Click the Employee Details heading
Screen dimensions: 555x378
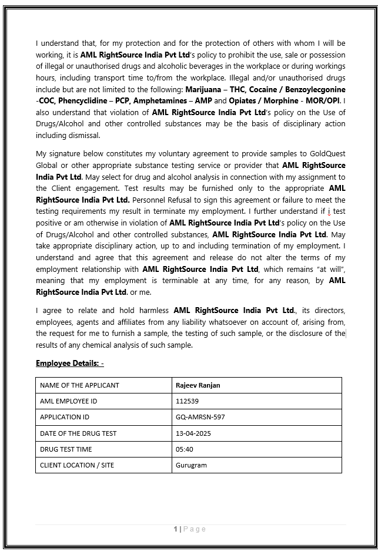[x=69, y=363]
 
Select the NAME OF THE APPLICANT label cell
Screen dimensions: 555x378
[x=79, y=385]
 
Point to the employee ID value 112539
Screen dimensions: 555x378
[x=187, y=401]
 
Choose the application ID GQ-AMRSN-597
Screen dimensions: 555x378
[x=200, y=417]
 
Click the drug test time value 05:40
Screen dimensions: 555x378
[x=185, y=449]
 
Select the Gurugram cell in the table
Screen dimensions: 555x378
[x=191, y=465]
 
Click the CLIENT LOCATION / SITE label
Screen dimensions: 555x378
[x=77, y=465]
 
